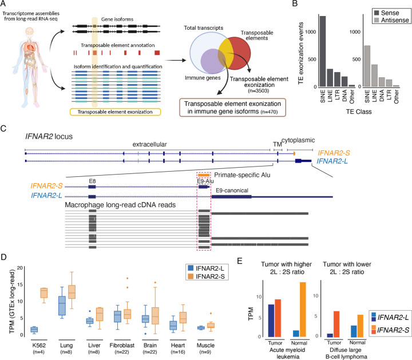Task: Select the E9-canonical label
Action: click(x=233, y=189)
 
